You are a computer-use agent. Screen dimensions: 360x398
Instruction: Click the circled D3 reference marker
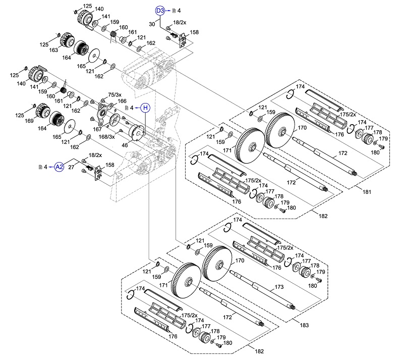[160, 10]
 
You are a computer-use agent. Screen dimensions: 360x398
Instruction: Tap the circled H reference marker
[145, 108]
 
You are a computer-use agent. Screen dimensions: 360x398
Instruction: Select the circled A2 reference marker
[59, 167]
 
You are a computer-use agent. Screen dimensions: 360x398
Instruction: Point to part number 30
[151, 24]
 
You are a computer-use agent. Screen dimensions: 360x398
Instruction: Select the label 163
[54, 50]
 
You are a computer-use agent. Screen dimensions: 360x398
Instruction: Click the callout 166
[122, 101]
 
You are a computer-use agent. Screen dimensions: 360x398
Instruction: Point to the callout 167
[96, 129]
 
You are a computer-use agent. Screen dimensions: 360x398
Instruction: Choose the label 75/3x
[115, 95]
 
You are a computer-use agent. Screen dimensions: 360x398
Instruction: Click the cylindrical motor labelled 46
[135, 132]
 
